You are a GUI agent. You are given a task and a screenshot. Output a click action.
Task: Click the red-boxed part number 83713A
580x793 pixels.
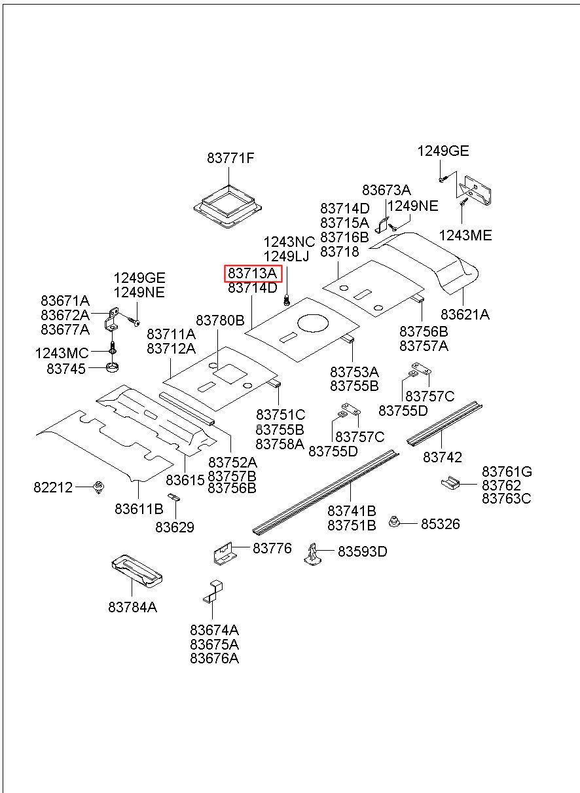(x=253, y=273)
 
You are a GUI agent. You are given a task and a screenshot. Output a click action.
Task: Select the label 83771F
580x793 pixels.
(x=230, y=158)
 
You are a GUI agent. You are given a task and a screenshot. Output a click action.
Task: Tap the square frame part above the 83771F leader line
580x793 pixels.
(x=228, y=205)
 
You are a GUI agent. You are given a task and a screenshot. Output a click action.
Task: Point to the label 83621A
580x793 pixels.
(x=465, y=314)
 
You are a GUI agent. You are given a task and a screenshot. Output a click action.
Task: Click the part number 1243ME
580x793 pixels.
(x=465, y=236)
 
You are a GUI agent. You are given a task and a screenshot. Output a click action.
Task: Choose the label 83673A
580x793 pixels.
(x=386, y=190)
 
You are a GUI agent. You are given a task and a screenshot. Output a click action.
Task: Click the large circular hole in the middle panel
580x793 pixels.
(x=314, y=323)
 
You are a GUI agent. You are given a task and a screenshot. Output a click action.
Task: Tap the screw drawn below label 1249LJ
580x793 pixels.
(x=287, y=301)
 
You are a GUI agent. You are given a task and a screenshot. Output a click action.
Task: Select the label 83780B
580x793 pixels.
(x=220, y=320)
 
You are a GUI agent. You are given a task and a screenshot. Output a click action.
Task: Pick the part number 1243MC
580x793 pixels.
(x=62, y=354)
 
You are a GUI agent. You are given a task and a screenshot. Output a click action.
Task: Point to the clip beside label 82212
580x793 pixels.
(x=100, y=487)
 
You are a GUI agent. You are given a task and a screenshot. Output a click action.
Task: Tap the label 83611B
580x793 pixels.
(x=139, y=508)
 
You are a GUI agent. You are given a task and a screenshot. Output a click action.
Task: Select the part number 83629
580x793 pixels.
(x=175, y=526)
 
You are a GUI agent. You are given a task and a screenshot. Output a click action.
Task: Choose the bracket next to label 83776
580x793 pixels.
(x=225, y=554)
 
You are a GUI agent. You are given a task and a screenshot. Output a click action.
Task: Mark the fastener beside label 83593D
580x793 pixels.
(x=313, y=553)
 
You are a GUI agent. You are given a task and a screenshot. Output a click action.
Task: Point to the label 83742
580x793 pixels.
(x=443, y=457)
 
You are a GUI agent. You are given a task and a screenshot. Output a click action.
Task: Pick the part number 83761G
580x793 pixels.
(x=507, y=471)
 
